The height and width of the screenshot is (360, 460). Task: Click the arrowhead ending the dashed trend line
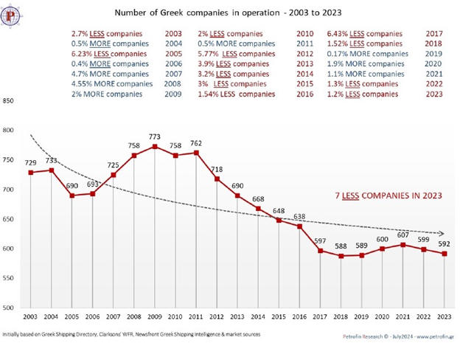coord(442,234)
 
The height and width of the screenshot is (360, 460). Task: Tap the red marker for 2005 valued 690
coord(72,195)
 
